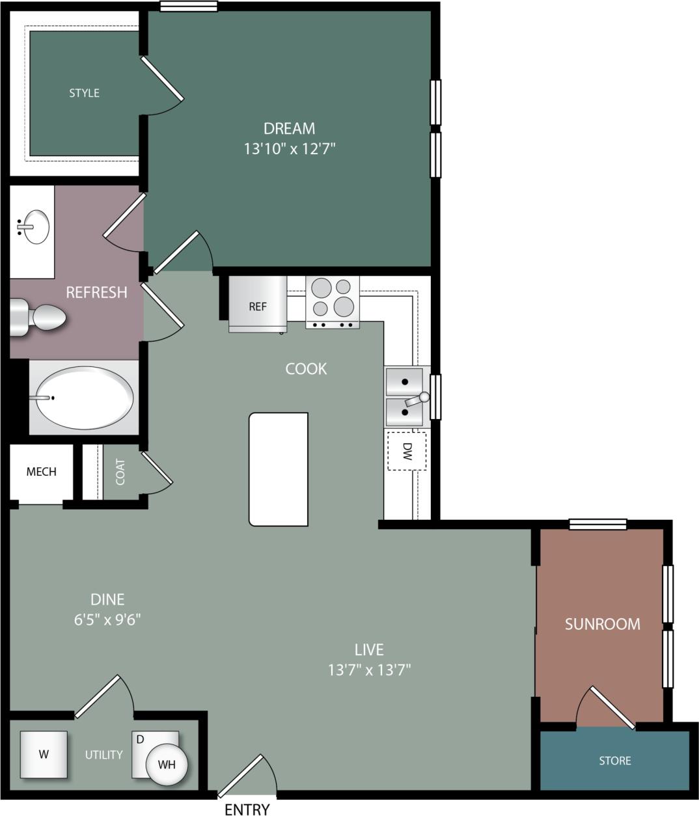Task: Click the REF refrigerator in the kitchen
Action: coord(257,304)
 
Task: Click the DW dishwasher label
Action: coord(407,451)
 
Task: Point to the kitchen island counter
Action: coord(278,469)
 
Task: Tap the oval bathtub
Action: coord(84,398)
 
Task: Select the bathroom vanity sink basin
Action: coord(34,226)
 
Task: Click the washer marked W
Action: coord(44,754)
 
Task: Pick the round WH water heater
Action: coord(167,765)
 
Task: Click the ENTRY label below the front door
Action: coord(247,809)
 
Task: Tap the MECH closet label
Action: coord(41,471)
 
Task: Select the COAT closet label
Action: coord(120,472)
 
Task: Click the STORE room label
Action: coord(614,760)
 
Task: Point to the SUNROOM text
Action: coord(602,623)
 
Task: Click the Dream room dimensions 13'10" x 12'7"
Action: coord(289,148)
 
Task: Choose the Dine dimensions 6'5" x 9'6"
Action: coord(107,618)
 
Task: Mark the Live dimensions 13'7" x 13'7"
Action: coord(369,669)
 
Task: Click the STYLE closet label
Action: coord(84,93)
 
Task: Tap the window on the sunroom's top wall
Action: coord(597,524)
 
